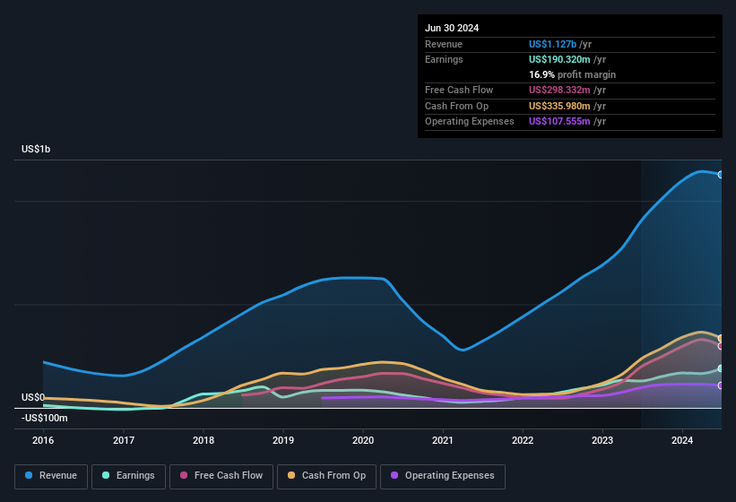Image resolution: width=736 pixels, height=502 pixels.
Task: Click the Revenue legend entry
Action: [x=51, y=476]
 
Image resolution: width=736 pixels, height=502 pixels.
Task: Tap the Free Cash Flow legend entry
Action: [x=221, y=476]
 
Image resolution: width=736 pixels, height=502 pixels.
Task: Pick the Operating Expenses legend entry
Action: [x=443, y=476]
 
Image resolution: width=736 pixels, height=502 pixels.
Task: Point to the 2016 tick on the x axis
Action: [x=43, y=440]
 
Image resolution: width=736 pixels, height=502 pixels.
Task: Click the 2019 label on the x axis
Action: [x=283, y=440]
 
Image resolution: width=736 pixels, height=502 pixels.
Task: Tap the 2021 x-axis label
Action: [x=443, y=440]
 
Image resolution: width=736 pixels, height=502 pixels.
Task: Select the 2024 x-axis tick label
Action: [x=682, y=440]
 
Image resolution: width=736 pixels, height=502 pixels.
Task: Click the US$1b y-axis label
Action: [x=36, y=149]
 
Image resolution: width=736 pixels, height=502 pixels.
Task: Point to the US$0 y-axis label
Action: [x=32, y=397]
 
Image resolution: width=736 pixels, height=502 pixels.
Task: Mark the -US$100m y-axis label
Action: [x=45, y=418]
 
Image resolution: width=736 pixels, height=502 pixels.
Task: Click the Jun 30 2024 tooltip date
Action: [x=452, y=28]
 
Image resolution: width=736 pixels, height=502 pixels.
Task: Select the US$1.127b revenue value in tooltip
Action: [x=553, y=43]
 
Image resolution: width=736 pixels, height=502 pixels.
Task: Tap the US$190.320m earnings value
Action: [x=559, y=59]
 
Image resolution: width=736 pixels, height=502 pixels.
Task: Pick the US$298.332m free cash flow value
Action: [x=559, y=90]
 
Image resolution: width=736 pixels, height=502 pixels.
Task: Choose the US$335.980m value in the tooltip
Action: [x=559, y=106]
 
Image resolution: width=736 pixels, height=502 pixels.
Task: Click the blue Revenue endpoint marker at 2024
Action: [x=721, y=174]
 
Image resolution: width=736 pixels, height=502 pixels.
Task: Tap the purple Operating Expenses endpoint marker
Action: [x=721, y=385]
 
